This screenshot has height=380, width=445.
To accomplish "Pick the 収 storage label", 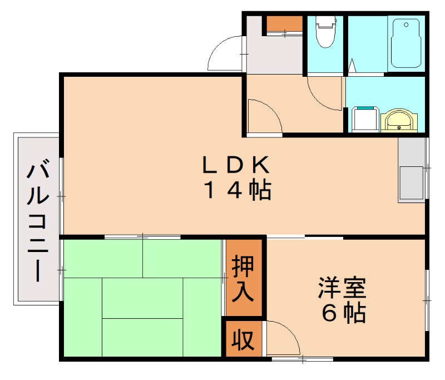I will pyautogui.click(x=243, y=339).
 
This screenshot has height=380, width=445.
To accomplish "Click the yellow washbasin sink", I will pyautogui.click(x=398, y=119).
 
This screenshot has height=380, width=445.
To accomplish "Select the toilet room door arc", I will pyautogui.click(x=324, y=95).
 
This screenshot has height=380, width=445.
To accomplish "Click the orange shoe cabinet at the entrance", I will pyautogui.click(x=283, y=24).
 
